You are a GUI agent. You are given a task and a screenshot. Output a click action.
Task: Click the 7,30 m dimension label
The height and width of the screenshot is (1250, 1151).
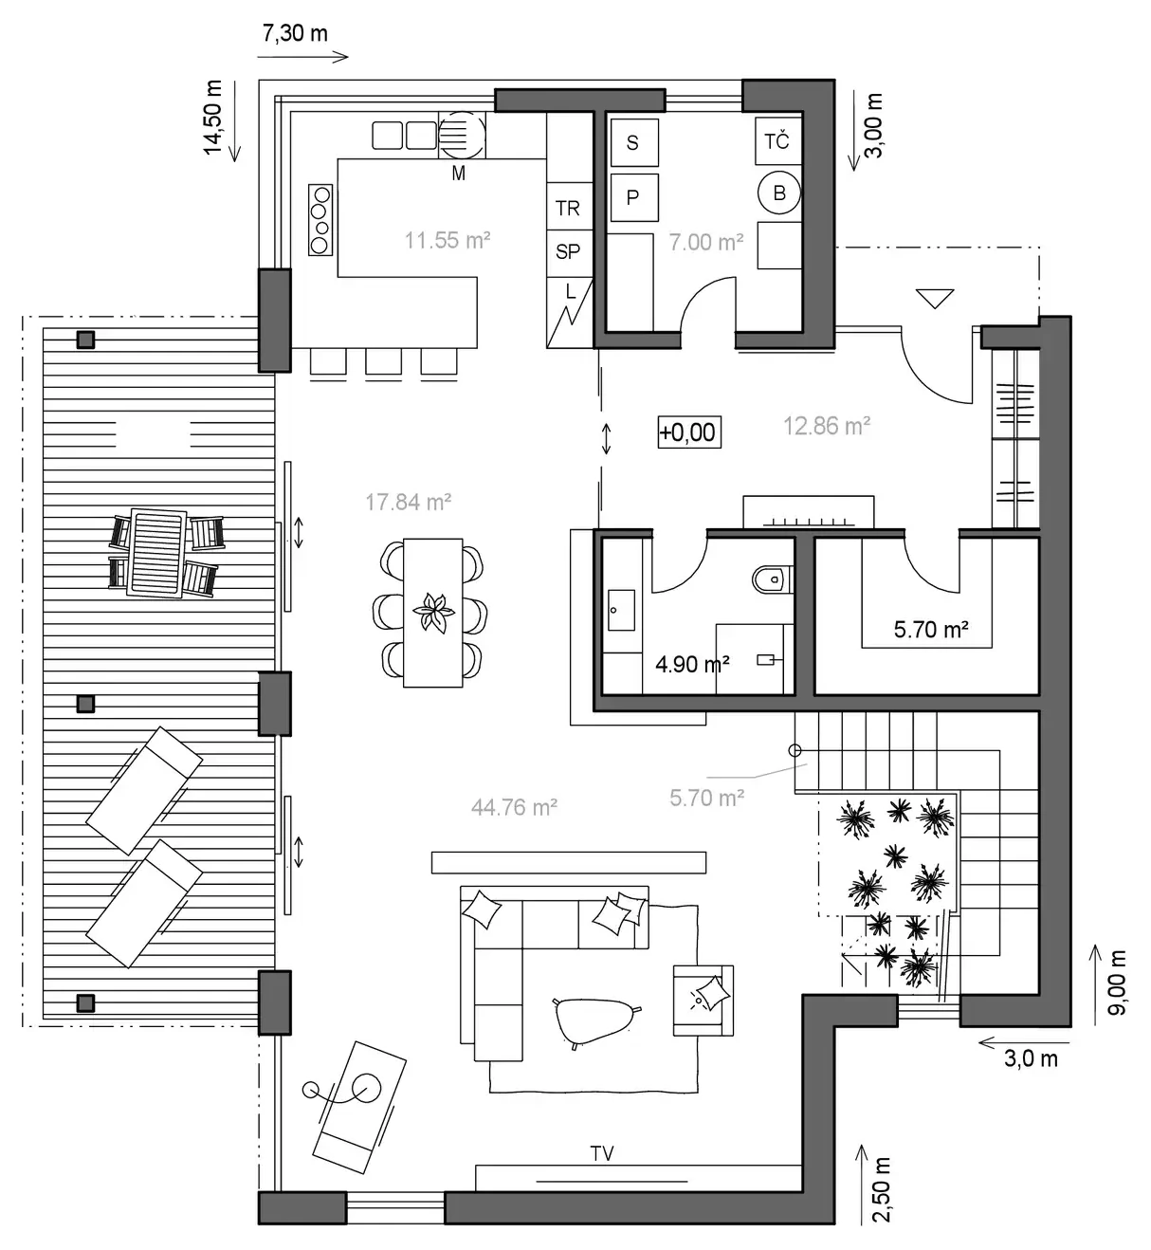pos(295,33)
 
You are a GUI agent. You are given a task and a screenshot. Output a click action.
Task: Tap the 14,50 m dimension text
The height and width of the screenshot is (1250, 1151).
pos(212,118)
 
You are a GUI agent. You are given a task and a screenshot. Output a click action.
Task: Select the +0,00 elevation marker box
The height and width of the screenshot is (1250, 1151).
pos(689,432)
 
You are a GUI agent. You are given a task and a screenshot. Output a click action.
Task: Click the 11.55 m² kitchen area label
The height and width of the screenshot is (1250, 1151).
pos(448,241)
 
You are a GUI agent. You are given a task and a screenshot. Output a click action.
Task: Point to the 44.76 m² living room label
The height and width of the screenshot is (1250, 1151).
pos(514,808)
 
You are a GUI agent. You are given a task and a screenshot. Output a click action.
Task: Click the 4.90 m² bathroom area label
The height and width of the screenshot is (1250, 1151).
pos(692,664)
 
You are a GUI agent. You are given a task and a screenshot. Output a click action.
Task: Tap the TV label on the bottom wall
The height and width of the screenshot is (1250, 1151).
pos(602,1153)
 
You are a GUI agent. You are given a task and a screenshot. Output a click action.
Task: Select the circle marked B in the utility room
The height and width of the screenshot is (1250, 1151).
pos(779,193)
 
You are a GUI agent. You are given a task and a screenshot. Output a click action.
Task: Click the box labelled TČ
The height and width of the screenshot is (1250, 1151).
pos(777,141)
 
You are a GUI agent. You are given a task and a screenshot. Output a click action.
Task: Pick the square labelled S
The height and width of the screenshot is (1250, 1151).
pos(633,142)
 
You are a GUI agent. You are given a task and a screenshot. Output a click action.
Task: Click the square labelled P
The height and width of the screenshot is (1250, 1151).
pos(633,197)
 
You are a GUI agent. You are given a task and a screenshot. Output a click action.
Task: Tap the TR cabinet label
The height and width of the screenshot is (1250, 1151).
pos(567,208)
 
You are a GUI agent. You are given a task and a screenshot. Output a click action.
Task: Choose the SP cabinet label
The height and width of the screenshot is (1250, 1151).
pos(567,251)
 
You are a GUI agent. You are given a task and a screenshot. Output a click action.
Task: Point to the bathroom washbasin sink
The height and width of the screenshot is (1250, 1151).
pos(621,610)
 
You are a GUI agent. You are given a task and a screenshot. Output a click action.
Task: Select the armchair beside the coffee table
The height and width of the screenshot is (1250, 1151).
pos(703,1001)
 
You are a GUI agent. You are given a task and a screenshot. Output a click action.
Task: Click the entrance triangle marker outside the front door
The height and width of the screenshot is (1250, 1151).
pos(935,299)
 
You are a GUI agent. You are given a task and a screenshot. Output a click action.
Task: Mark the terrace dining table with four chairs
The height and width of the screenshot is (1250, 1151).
pos(165,554)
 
